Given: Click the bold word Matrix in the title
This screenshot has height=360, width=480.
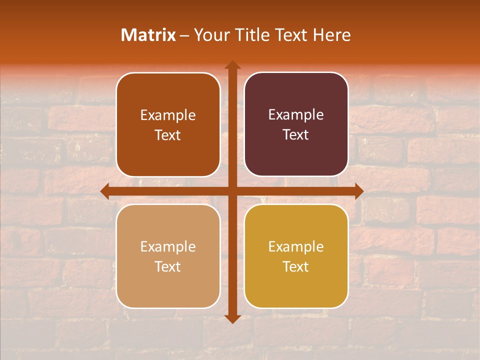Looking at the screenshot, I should [148, 35].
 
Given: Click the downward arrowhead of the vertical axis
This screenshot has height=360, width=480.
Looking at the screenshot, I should [232, 318].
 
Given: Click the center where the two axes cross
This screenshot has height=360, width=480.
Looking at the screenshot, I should [232, 191].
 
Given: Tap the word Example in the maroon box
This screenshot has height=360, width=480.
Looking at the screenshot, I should [296, 114].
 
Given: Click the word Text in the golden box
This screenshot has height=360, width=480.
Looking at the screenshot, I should [296, 266].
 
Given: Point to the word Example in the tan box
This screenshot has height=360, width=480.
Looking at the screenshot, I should [168, 246].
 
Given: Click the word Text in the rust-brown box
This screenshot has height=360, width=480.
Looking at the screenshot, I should [168, 135].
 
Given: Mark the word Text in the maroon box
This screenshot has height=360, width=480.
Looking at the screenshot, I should [296, 134].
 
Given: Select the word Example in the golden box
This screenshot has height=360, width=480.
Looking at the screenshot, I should [296, 246].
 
